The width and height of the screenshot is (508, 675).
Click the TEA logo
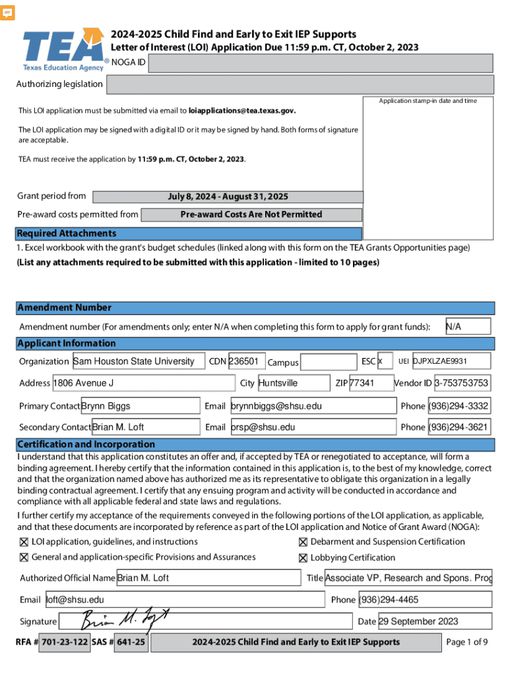click(x=64, y=49)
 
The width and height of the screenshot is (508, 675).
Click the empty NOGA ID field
click(x=321, y=63)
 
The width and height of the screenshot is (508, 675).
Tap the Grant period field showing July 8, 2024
click(x=228, y=196)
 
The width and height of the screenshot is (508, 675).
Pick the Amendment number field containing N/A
click(x=468, y=326)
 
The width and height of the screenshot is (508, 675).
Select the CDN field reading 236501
click(x=246, y=361)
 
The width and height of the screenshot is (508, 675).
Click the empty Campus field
click(x=328, y=362)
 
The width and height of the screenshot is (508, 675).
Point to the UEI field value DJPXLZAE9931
click(x=451, y=361)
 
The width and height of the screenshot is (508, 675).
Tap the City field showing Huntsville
click(x=294, y=383)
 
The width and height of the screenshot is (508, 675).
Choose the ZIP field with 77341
click(x=371, y=383)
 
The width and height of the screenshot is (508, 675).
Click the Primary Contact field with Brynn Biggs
click(x=139, y=405)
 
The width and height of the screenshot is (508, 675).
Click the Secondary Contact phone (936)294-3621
click(x=459, y=427)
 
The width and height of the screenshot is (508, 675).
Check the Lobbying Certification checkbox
click(x=303, y=558)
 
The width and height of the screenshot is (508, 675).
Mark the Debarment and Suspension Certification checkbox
click(x=303, y=542)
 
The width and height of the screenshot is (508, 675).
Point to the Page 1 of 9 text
click(x=466, y=642)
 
